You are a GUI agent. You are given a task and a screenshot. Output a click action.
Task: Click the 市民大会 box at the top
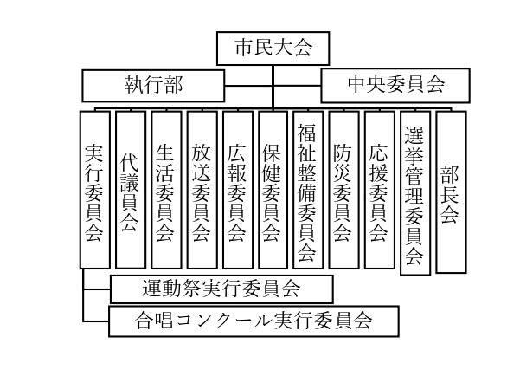tap(272, 49)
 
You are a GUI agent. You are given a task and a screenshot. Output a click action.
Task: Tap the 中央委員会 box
tap(395, 86)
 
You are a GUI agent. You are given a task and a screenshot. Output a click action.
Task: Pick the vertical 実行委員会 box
tap(94, 188)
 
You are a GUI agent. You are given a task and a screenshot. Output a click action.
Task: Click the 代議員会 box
tap(130, 188)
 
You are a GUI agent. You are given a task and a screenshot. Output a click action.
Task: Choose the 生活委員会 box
tap(165, 188)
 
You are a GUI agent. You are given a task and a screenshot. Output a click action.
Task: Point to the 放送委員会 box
tap(201, 188)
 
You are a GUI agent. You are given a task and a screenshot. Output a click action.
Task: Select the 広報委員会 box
tap(236, 188)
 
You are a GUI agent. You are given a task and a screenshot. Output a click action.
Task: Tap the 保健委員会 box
tap(273, 188)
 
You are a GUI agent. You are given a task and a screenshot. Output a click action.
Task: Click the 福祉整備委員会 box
tap(308, 188)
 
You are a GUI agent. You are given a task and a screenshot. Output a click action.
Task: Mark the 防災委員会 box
tap(343, 188)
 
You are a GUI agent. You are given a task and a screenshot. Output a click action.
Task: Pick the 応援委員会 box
tap(379, 188)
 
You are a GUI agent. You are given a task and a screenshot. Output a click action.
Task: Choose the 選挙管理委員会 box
tap(414, 192)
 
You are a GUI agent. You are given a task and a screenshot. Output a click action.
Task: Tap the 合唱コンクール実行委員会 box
tap(254, 321)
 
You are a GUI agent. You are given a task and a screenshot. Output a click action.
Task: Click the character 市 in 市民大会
tap(243, 49)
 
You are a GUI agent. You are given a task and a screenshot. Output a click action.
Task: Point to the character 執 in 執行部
tap(136, 86)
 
